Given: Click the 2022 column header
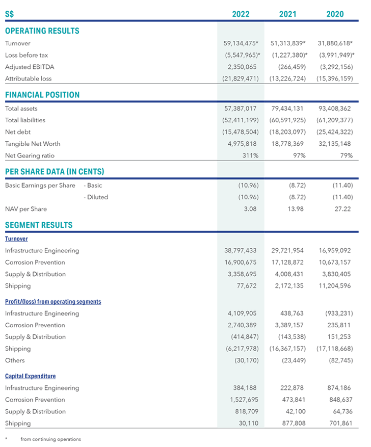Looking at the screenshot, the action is pos(241,14).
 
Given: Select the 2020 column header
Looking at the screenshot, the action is pos(335,14).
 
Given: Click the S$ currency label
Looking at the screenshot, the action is pos(9,14).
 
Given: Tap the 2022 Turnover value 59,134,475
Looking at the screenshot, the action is pos(241,43).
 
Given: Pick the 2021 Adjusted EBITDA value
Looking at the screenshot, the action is pos(292,67).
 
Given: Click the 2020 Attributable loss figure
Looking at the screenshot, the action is pos(334,78).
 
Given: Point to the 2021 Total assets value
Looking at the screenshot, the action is pos(287,109).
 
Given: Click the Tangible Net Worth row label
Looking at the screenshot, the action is pos(33,144).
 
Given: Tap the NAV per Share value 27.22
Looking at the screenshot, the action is pos(342,209).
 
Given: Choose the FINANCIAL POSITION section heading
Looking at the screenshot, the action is pos(42,95).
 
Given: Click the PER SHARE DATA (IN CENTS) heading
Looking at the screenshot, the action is pos(55,172).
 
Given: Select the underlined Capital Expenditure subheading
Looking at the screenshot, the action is pos(30,376).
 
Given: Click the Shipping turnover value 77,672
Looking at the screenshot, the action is pos(247,286).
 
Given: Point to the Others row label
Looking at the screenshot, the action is pos(15,360).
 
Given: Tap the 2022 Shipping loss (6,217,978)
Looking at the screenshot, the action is pos(242,349).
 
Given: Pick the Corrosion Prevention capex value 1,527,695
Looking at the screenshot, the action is pos(244,400).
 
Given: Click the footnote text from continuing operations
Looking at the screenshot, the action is pos(51,439).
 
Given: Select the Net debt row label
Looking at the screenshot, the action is pos(18,132).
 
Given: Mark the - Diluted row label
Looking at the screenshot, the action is pos(96,197).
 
